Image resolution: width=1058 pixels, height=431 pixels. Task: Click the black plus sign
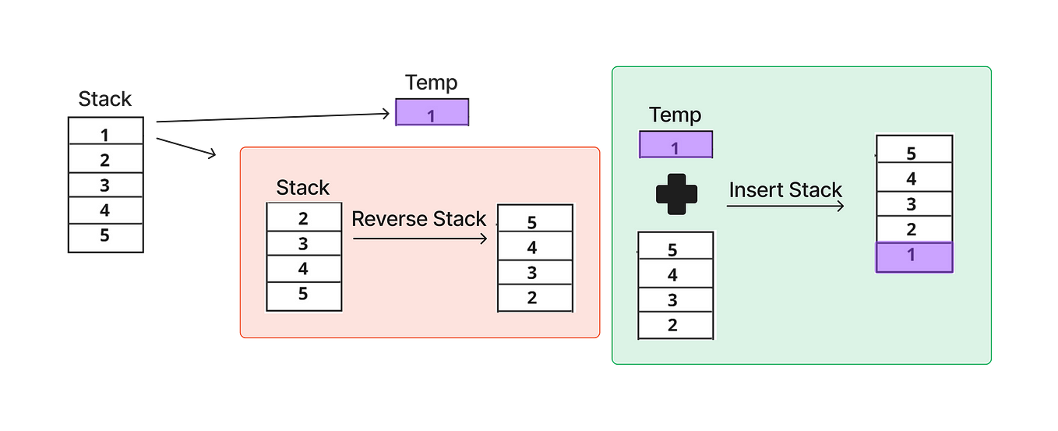(x=676, y=194)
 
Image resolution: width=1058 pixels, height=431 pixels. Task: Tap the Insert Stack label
(x=785, y=190)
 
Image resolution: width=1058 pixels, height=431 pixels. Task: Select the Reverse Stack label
(x=419, y=219)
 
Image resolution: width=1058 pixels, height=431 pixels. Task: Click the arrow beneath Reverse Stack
(x=420, y=238)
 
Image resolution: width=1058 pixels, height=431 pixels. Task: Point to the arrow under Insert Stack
(x=785, y=206)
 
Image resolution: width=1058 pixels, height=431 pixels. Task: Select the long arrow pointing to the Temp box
(x=273, y=117)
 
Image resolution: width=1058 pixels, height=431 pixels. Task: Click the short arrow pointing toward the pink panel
(x=186, y=147)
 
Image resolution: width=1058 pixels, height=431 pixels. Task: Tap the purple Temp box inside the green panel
(x=676, y=145)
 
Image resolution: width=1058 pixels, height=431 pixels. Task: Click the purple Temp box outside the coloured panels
(x=432, y=112)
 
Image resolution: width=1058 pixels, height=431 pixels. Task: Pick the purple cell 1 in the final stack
(x=915, y=257)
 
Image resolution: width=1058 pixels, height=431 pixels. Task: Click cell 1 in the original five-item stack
(x=106, y=131)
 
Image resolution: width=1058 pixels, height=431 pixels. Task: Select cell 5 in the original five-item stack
(x=106, y=238)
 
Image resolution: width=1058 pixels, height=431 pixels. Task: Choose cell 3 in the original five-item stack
(x=106, y=185)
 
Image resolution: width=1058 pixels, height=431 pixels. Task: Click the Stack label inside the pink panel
(x=302, y=188)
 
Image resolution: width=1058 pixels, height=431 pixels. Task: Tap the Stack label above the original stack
(x=105, y=99)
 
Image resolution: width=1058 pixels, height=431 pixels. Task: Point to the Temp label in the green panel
(x=675, y=115)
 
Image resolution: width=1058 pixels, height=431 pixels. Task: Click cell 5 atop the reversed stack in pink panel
(x=535, y=218)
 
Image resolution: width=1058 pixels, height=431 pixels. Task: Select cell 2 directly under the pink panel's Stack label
(x=304, y=217)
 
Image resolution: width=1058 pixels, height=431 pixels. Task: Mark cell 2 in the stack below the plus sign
(x=675, y=325)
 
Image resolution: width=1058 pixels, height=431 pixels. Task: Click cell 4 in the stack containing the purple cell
(x=915, y=177)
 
